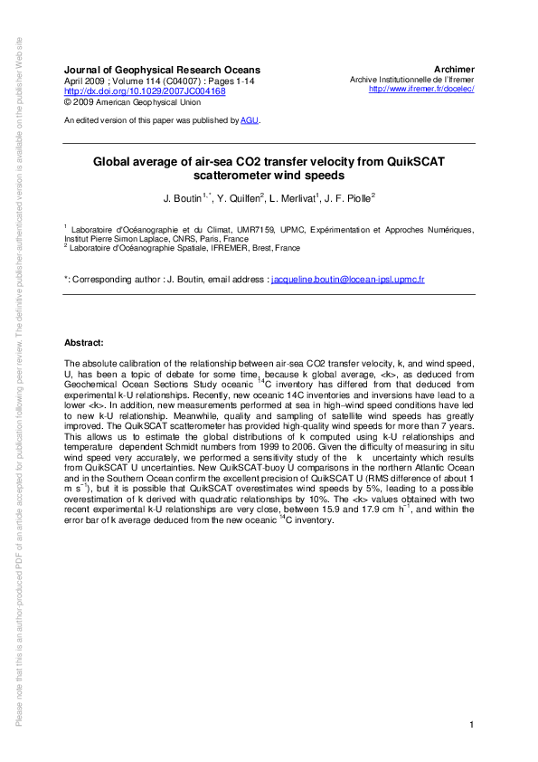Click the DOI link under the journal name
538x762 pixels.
(144, 91)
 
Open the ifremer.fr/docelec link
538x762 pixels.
(422, 89)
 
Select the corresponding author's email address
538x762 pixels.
(347, 281)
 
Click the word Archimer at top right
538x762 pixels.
(454, 70)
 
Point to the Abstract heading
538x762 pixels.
(84, 343)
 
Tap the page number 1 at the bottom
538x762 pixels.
(472, 725)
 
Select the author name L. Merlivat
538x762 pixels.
(295, 197)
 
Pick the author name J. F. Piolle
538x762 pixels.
(349, 197)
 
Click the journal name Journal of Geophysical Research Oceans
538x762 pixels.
(162, 70)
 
